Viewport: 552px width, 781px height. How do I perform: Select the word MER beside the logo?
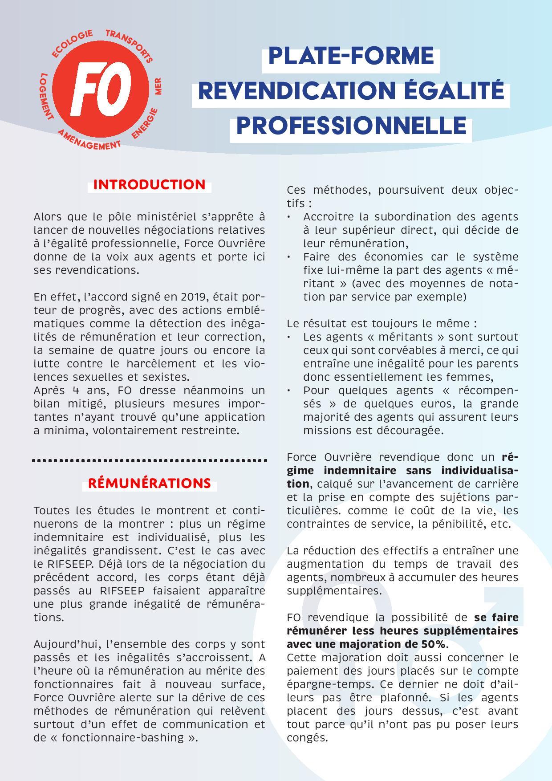tap(158, 86)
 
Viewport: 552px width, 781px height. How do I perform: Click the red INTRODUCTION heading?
tap(150, 185)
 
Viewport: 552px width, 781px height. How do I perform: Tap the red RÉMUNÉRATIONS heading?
tap(150, 483)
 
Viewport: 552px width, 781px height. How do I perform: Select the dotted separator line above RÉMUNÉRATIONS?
tap(150, 460)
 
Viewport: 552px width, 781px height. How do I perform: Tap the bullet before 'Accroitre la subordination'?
tap(289, 217)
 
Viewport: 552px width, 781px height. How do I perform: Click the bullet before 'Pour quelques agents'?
tap(289, 390)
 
